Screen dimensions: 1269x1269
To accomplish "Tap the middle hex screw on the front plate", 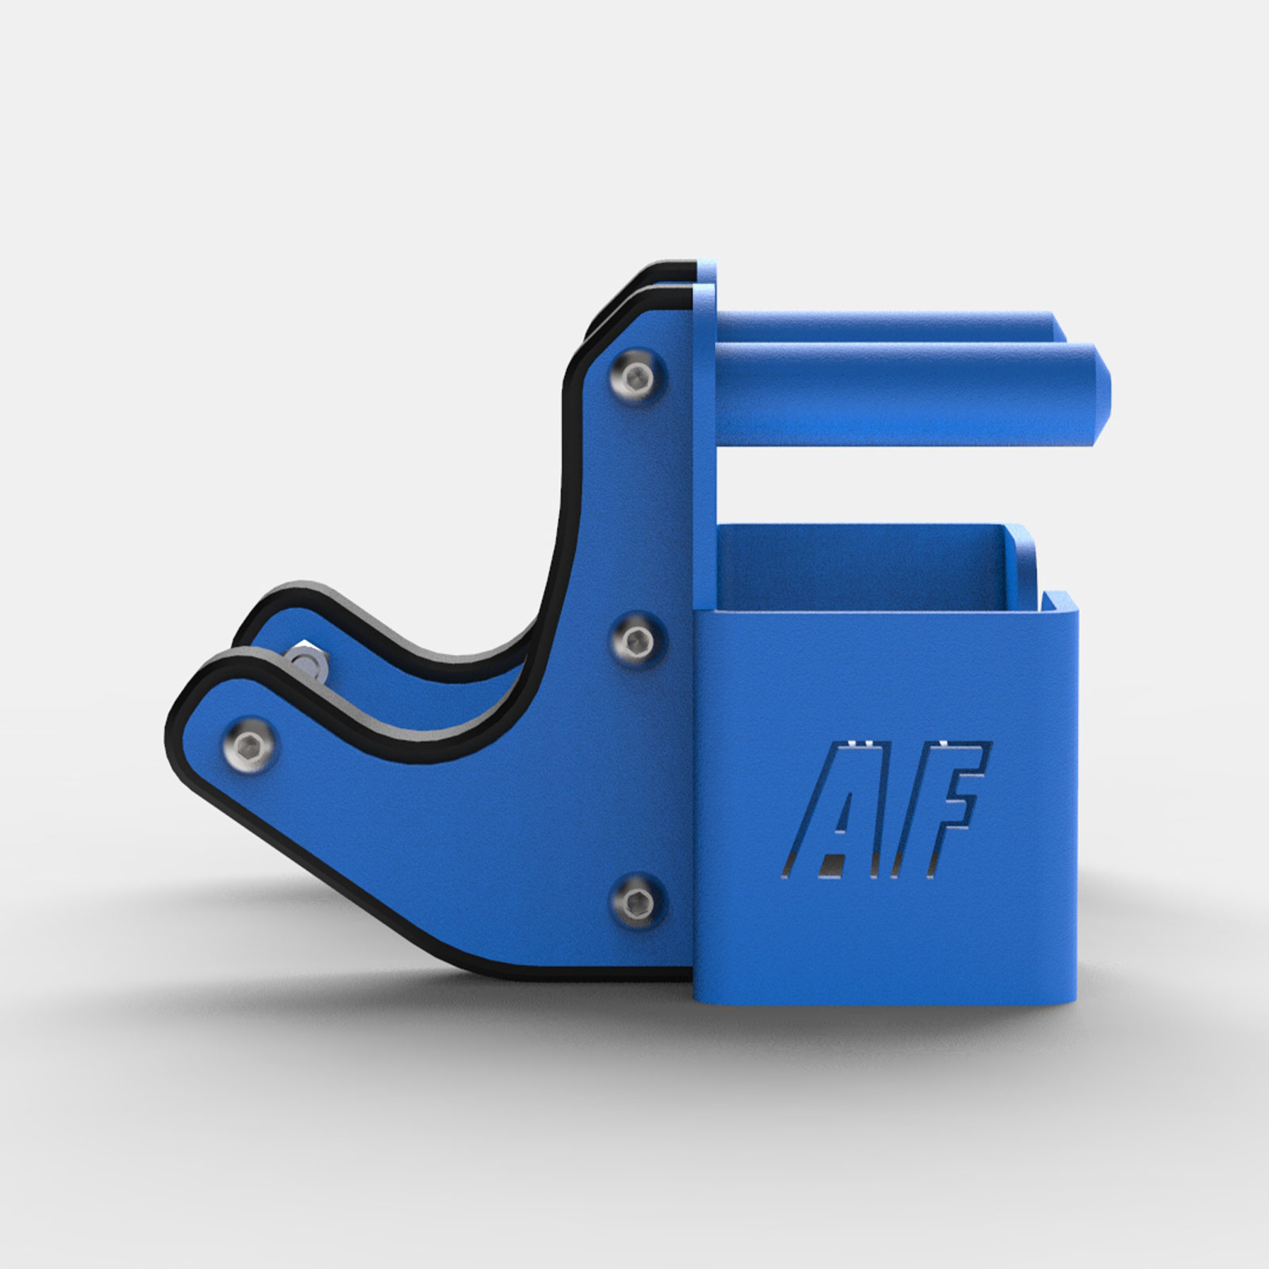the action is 638,638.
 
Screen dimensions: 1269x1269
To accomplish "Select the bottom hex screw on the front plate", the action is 637,901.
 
